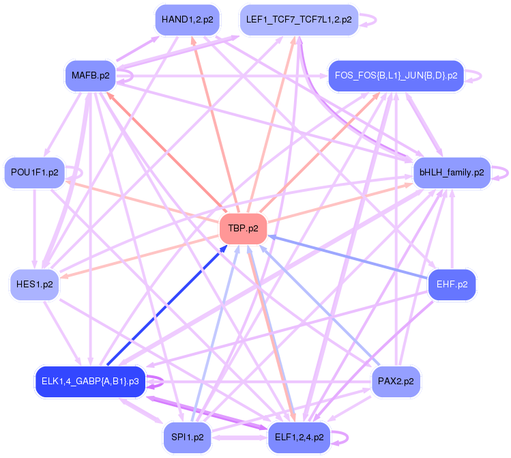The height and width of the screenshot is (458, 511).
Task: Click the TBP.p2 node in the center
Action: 242,229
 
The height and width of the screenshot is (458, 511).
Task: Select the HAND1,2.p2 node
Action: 187,20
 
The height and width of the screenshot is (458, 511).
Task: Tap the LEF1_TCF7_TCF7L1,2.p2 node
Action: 299,20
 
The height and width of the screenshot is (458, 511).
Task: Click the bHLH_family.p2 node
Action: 452,173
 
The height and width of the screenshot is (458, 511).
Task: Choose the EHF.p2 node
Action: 451,284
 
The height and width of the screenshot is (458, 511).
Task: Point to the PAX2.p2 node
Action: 396,381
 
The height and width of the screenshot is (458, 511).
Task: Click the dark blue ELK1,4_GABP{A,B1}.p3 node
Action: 90,381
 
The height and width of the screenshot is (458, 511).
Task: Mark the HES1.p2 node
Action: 34,284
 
